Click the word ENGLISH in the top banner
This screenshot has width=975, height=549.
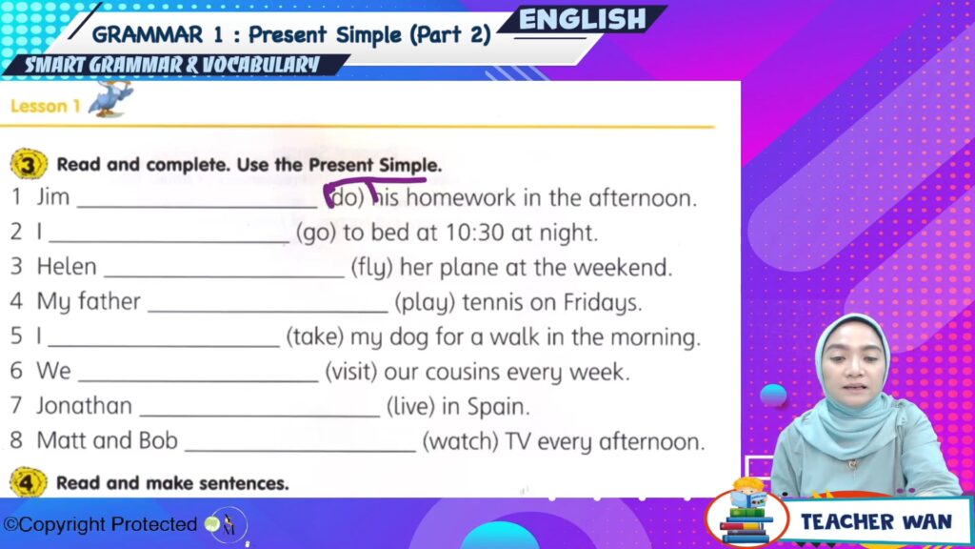(582, 20)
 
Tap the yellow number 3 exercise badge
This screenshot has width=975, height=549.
(29, 164)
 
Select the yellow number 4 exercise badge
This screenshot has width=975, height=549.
(28, 482)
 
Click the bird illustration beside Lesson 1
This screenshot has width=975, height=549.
(110, 98)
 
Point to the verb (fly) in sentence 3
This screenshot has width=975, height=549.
(372, 268)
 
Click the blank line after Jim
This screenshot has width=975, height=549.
(197, 207)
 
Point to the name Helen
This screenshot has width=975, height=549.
(67, 267)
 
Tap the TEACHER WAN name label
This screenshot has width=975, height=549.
(876, 521)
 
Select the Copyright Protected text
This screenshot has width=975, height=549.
(101, 525)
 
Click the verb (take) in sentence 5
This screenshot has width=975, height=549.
(314, 337)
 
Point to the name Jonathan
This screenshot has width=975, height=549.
(84, 406)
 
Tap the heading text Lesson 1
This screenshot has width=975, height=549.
(46, 106)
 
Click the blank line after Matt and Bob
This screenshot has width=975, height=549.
(300, 450)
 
